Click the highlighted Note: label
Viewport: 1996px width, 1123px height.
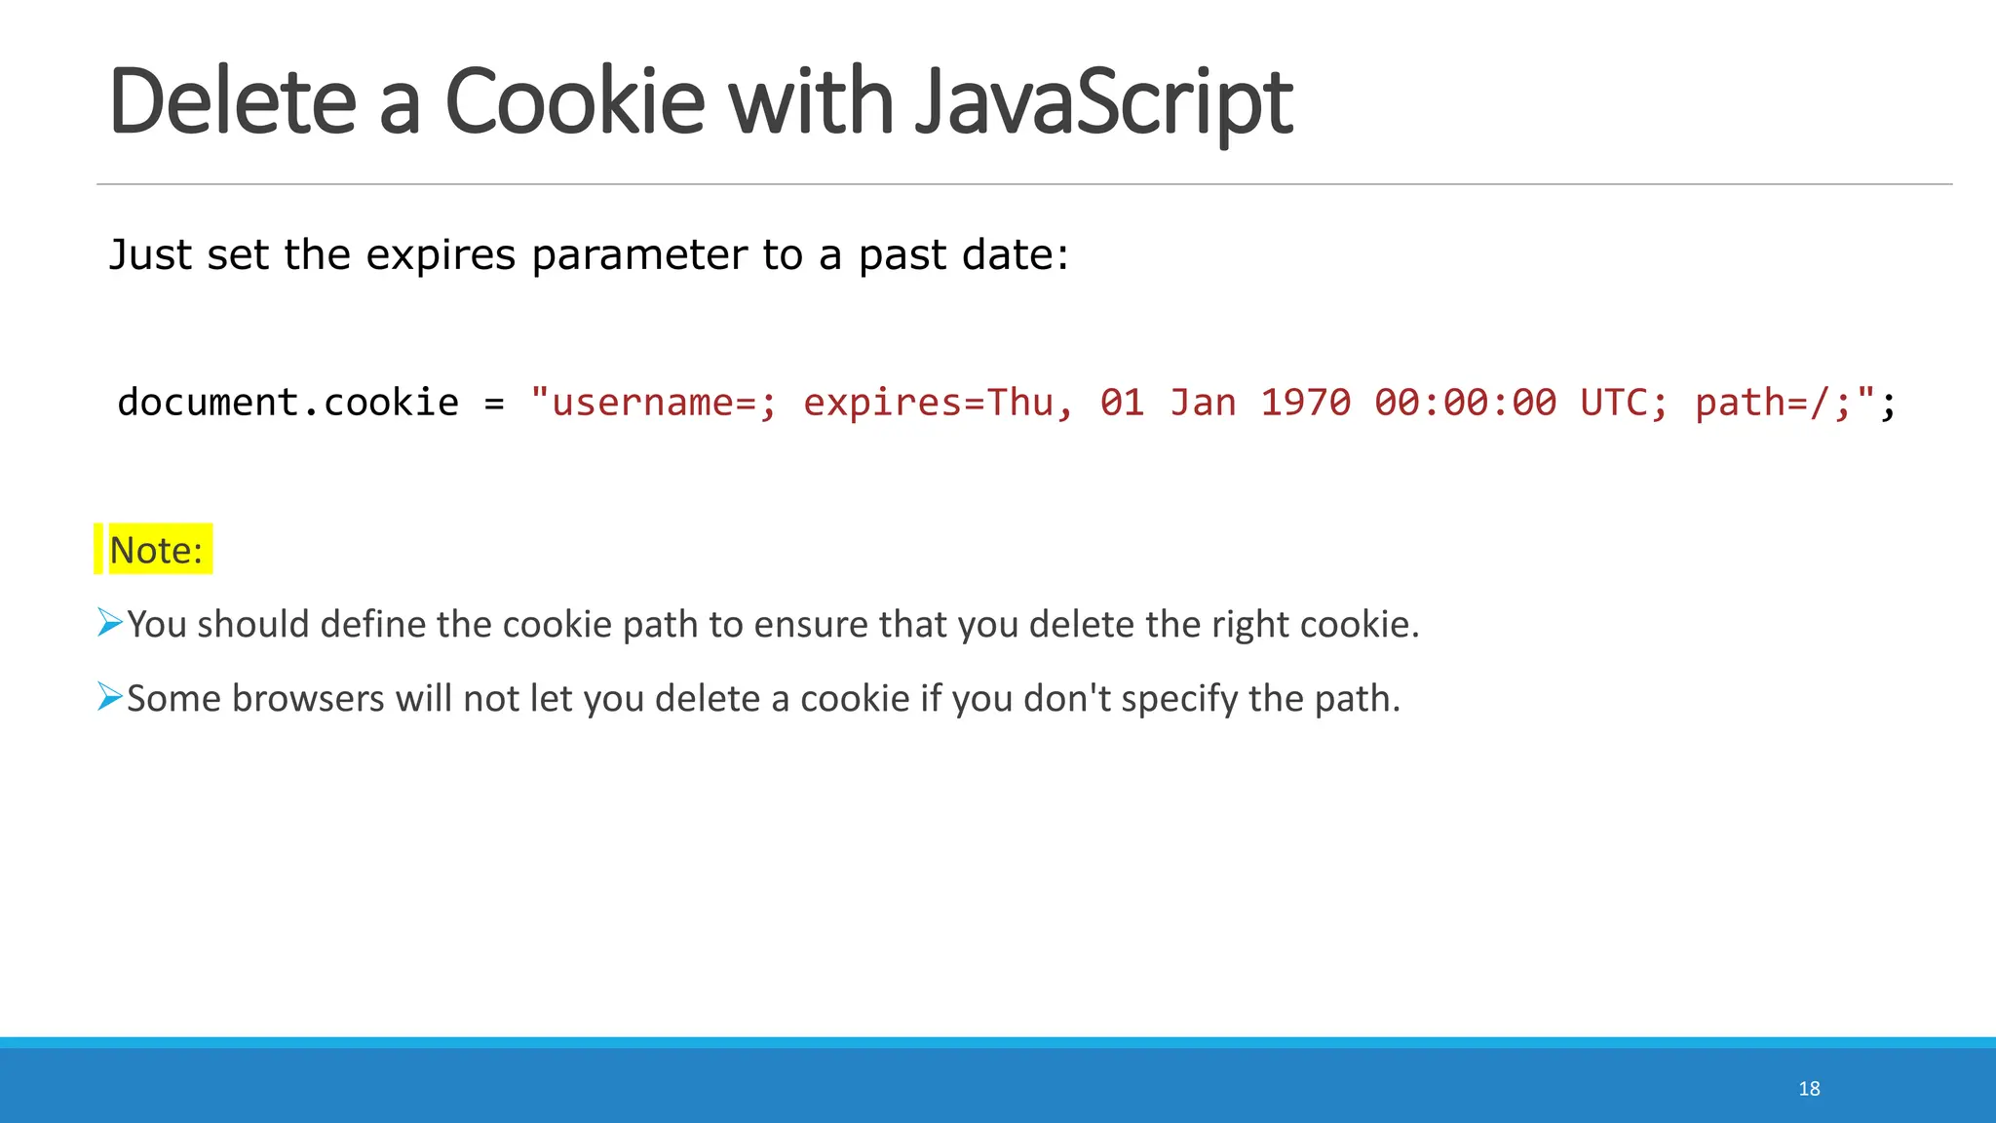tap(156, 551)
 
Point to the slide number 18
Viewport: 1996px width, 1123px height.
tap(1809, 1089)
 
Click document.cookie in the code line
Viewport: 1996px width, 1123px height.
tap(288, 403)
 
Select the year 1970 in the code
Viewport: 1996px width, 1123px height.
tap(1305, 403)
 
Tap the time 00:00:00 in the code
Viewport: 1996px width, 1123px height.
tap(1465, 403)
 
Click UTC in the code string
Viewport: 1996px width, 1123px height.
tap(1614, 403)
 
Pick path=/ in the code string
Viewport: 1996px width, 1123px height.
tap(1762, 403)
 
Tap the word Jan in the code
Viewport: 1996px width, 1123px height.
tap(1202, 403)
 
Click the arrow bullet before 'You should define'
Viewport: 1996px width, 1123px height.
tap(110, 622)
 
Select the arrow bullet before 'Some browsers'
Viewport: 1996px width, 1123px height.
tap(110, 697)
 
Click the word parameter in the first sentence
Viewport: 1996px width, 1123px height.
tap(640, 255)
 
